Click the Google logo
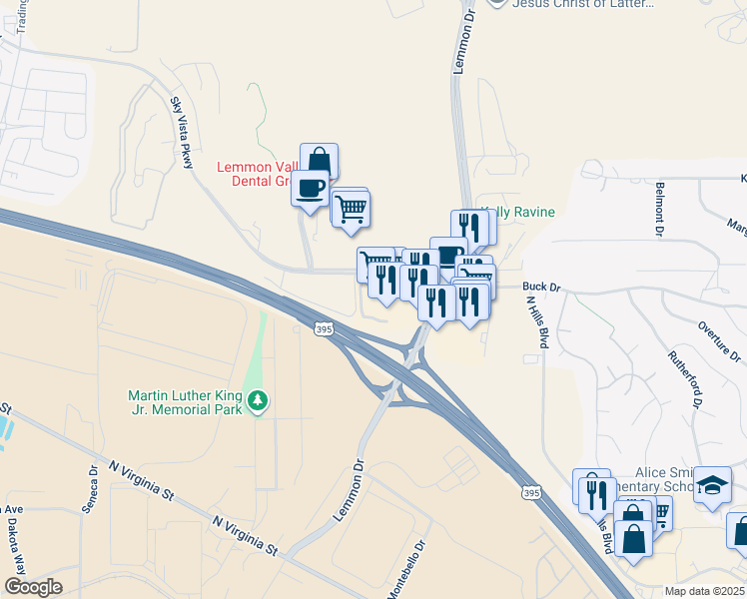point(34,587)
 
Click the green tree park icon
point(259,400)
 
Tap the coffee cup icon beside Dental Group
point(311,188)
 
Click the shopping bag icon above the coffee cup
point(319,162)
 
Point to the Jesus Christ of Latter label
point(583,4)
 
